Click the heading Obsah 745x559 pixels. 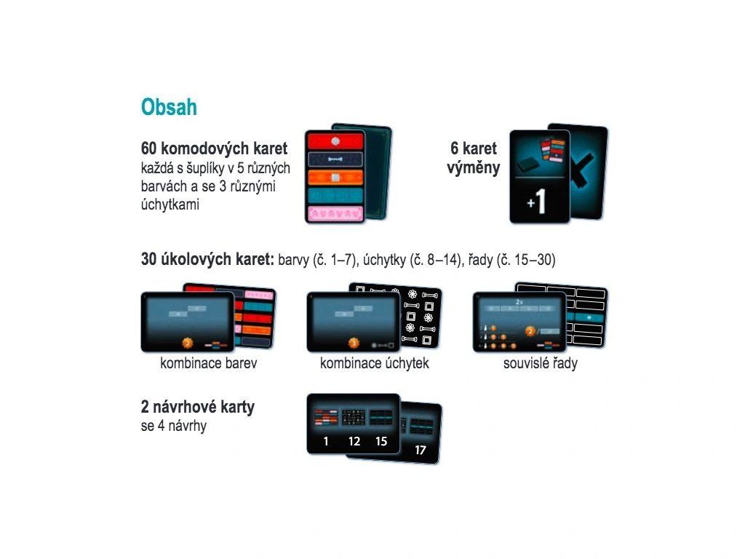tap(169, 107)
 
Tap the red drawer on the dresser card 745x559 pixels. tap(335, 141)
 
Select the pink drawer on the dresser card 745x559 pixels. tap(335, 213)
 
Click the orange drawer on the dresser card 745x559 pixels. tap(335, 178)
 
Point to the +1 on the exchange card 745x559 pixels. tap(537, 201)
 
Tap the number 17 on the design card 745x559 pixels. tap(420, 450)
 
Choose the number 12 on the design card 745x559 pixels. tap(354, 441)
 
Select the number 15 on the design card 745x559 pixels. tap(381, 441)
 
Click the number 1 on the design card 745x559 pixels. tap(326, 441)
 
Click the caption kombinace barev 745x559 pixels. tap(209, 363)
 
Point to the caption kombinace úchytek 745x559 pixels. tap(375, 363)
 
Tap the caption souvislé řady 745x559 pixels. tap(541, 364)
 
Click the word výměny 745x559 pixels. tap(473, 168)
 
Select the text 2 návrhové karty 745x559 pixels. tap(198, 407)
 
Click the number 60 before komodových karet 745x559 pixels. tap(148, 148)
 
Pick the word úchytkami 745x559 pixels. tap(170, 205)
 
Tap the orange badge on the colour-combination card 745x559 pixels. tap(188, 343)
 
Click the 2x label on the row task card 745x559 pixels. tap(519, 302)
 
